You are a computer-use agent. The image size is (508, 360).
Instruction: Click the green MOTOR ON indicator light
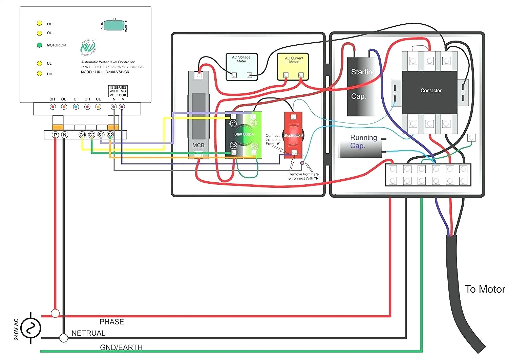(40, 45)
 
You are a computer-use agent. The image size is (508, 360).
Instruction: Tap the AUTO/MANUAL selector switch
(114, 25)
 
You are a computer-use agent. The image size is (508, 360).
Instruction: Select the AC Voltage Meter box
(241, 67)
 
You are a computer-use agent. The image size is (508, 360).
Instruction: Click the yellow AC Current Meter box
(293, 66)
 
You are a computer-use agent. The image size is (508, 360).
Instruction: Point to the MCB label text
(198, 145)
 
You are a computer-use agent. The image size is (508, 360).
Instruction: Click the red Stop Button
(293, 135)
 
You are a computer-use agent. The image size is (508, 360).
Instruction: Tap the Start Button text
(244, 134)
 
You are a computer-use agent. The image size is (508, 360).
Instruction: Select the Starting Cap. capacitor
(362, 86)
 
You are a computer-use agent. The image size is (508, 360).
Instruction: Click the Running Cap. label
(363, 138)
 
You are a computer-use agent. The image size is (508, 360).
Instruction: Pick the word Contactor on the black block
(431, 91)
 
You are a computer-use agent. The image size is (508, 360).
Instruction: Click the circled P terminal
(55, 135)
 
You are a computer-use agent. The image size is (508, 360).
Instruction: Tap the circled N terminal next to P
(64, 135)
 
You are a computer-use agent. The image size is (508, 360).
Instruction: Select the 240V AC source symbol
(30, 328)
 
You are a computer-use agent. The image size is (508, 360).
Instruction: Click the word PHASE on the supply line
(112, 322)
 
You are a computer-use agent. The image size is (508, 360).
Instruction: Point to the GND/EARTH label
(121, 347)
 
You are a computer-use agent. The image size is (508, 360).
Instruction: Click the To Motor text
(485, 289)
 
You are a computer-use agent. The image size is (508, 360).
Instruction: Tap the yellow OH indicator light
(40, 23)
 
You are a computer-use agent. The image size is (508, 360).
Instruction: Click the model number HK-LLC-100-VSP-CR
(105, 72)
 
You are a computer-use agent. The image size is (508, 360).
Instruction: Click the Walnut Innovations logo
(88, 48)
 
